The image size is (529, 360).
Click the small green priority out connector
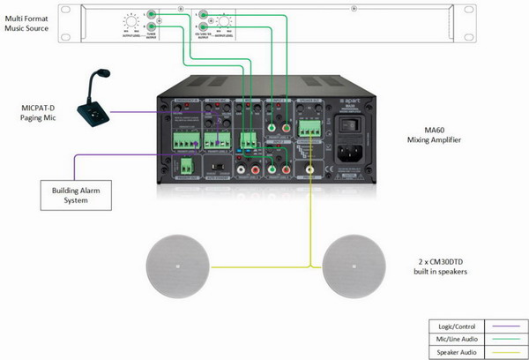coord(186,166)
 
